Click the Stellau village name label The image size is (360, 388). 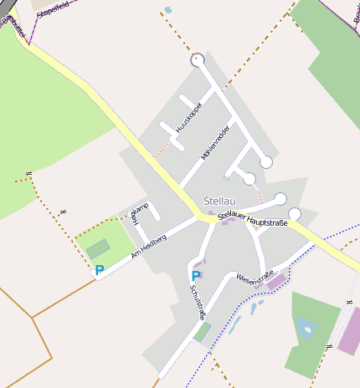coord(219,201)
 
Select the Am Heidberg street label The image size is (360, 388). coord(147,248)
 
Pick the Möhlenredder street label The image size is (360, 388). coord(214,143)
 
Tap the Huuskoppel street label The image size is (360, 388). coord(191,115)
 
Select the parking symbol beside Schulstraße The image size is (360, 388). coord(196,275)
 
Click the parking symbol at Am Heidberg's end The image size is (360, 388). coord(99,270)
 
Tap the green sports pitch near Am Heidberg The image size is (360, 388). coord(98,248)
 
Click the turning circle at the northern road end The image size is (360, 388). coord(198,60)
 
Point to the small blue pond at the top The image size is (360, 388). coord(168,10)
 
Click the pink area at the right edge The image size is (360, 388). coord(349,331)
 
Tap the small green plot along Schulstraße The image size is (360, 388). coord(203,332)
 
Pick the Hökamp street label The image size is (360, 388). coord(139,213)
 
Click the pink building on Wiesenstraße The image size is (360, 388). coord(275,282)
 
